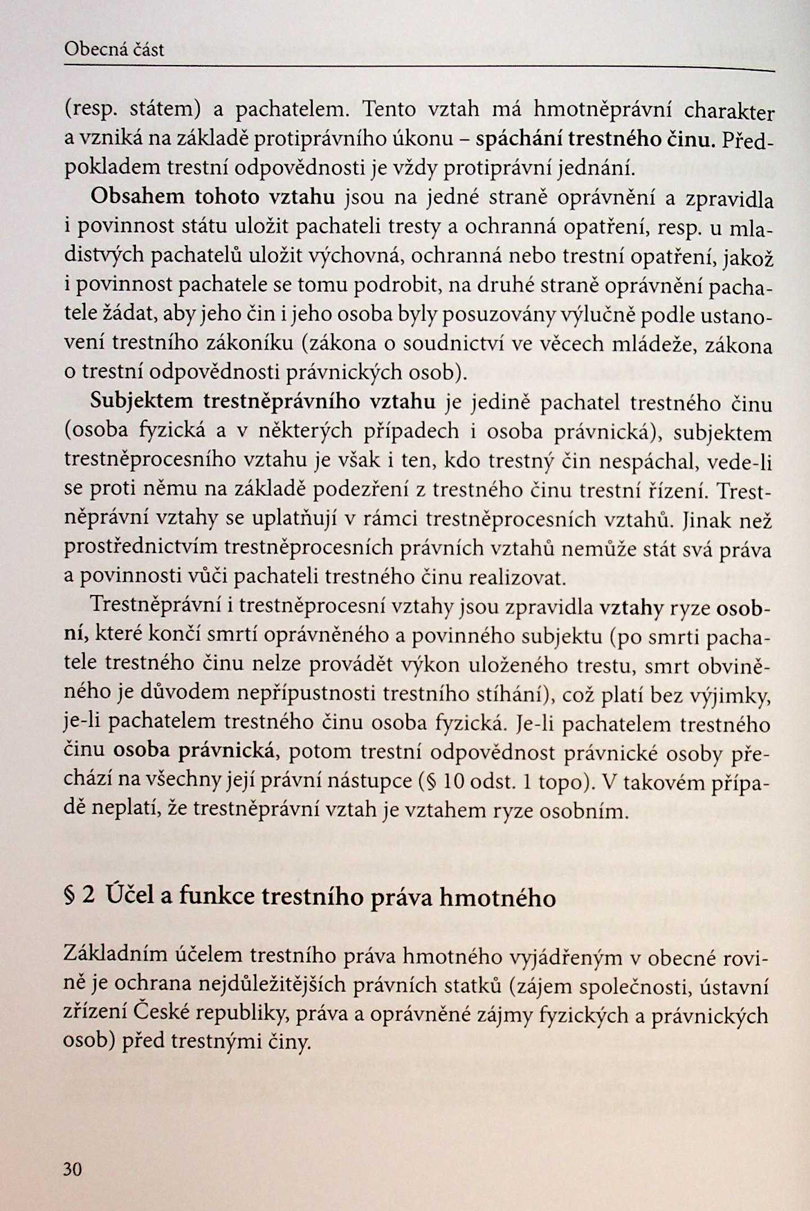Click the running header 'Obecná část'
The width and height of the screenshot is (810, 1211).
[114, 50]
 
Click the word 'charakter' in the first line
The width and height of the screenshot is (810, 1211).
[729, 112]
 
